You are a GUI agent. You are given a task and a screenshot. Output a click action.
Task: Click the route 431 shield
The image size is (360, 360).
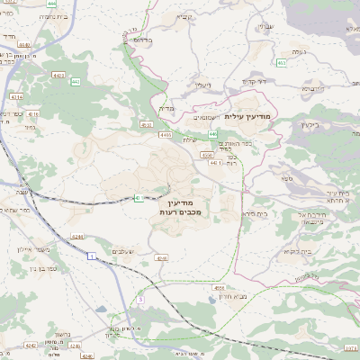point(138,198)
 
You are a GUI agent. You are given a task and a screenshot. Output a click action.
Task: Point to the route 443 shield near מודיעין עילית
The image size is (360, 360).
point(214,133)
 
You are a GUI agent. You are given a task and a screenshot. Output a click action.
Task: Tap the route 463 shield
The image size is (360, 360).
point(282,62)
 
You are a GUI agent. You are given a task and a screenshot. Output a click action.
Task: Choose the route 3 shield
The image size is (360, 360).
point(141,298)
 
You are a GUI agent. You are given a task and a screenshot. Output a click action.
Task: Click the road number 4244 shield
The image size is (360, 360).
point(76,237)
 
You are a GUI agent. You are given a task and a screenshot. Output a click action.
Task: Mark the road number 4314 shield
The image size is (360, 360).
point(15,95)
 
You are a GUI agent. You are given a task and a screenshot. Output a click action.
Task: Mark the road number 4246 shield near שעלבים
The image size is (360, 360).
point(161,257)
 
